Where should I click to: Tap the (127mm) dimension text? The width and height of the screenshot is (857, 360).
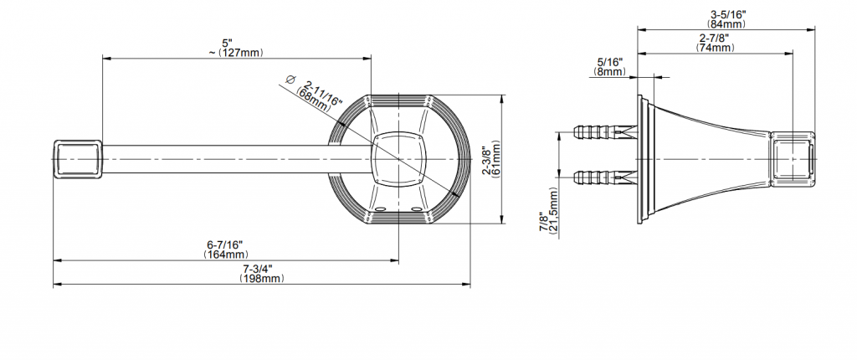point(240,53)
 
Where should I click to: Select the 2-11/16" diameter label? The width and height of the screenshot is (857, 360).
point(324,92)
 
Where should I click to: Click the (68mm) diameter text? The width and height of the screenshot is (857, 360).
point(314,100)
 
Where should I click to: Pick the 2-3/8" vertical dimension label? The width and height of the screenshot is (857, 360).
point(486,160)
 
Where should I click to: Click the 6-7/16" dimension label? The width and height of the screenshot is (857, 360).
point(224,244)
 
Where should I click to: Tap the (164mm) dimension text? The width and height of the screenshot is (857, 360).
point(226,255)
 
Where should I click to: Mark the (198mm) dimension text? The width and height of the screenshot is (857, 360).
point(262,279)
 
